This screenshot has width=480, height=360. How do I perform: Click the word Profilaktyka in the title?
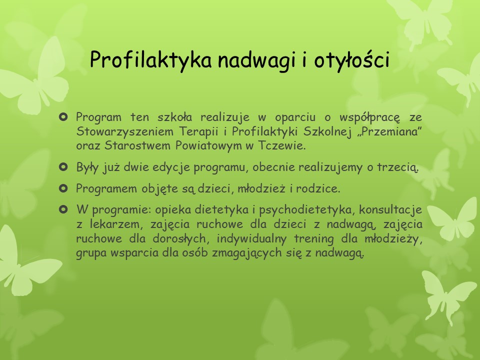coord(150,59)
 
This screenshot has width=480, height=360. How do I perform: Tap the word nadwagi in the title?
coord(257,59)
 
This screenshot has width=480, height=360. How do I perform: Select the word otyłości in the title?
coord(351,59)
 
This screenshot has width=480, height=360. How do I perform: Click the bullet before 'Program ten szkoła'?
coord(63,117)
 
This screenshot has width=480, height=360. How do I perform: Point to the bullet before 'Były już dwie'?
coord(63,167)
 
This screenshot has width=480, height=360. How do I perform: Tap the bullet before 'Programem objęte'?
coord(63,188)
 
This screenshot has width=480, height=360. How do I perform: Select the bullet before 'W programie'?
coord(63,209)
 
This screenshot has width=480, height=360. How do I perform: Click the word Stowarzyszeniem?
coord(124,132)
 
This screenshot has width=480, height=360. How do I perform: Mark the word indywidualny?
coord(251,239)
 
